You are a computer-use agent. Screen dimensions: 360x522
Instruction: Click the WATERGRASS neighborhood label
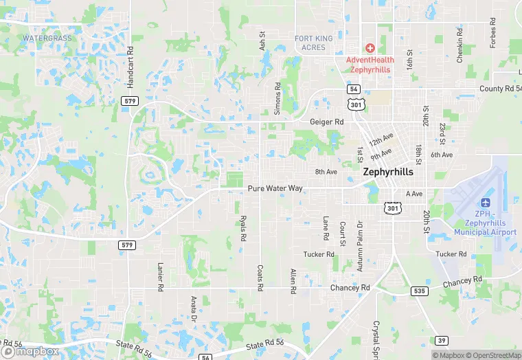pos(47,38)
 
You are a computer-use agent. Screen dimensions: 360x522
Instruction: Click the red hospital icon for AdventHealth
pos(370,47)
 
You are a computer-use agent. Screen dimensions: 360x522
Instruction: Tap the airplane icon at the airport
pos(486,203)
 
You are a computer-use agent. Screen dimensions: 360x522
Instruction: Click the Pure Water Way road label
pos(275,188)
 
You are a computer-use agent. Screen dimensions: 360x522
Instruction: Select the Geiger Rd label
pos(326,122)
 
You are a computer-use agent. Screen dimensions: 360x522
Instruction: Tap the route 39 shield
pos(441,340)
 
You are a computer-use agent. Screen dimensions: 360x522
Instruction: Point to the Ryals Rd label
pos(242,227)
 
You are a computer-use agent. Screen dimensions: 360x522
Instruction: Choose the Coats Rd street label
pos(260,278)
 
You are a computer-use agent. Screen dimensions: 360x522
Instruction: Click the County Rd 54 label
pos(499,89)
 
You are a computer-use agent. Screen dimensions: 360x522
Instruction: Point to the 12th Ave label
pos(381,142)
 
